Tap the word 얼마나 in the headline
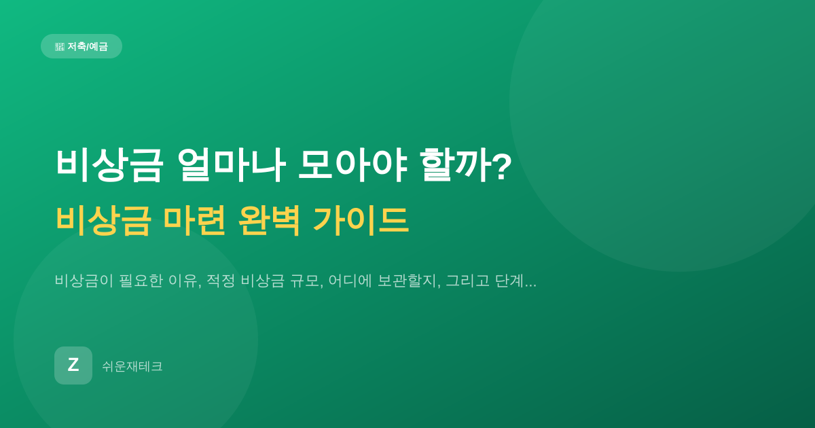[232, 165]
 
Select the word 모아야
[352, 165]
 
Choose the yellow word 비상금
[103, 220]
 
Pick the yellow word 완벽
[270, 220]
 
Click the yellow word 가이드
[361, 220]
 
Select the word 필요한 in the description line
[141, 281]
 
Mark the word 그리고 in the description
[467, 281]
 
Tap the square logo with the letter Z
[73, 365]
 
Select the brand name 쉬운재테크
[132, 366]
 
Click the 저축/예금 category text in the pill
[88, 47]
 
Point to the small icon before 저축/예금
[60, 47]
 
